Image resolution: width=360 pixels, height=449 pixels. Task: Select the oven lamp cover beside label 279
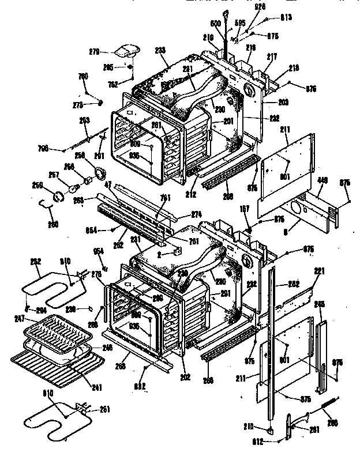pos(125,51)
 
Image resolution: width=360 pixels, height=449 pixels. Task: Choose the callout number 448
pos(322,179)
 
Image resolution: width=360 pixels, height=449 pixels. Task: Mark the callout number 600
pos(215,24)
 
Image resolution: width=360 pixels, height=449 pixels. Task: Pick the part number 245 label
pos(320,304)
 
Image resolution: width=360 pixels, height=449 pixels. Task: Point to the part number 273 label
pos(78,104)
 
